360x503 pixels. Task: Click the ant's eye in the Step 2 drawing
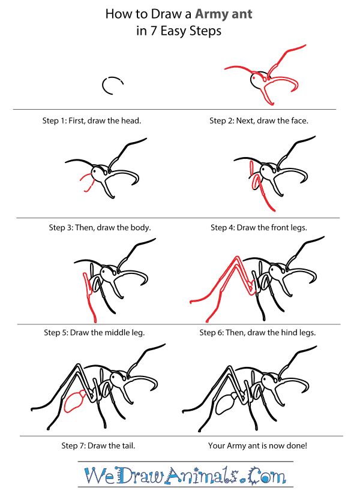click(x=259, y=78)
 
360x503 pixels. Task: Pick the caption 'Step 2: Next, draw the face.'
click(x=259, y=121)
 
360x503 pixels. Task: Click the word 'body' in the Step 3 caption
click(x=137, y=228)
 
